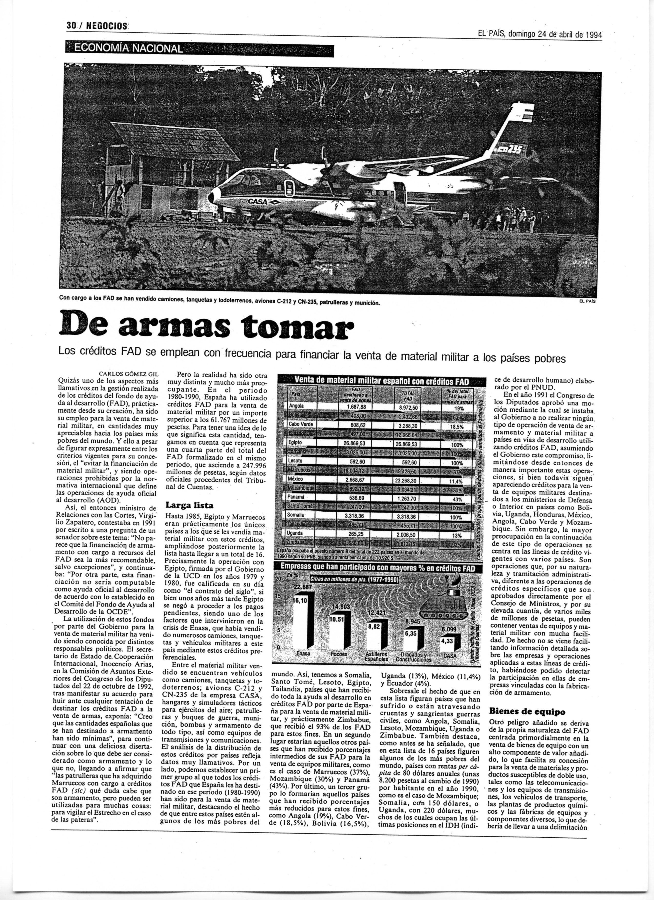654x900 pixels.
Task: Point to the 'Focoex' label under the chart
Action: (x=339, y=654)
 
